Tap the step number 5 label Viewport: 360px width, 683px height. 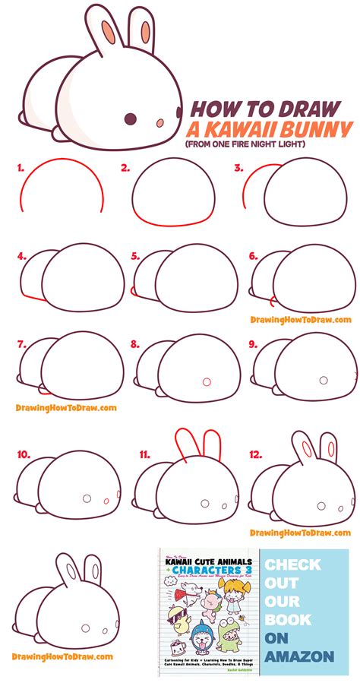[136, 257]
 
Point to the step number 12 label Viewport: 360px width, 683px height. [256, 454]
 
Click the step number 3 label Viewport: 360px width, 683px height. [238, 169]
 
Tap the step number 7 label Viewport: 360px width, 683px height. [23, 343]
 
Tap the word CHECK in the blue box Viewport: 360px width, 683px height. [293, 565]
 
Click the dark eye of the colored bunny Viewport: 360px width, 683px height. [130, 119]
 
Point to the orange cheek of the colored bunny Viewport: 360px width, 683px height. [161, 122]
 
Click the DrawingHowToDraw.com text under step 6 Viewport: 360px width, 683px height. [301, 320]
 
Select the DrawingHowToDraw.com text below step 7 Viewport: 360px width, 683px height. [66, 407]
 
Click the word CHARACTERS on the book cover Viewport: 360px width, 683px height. [208, 570]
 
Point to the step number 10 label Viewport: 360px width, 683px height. [24, 454]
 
